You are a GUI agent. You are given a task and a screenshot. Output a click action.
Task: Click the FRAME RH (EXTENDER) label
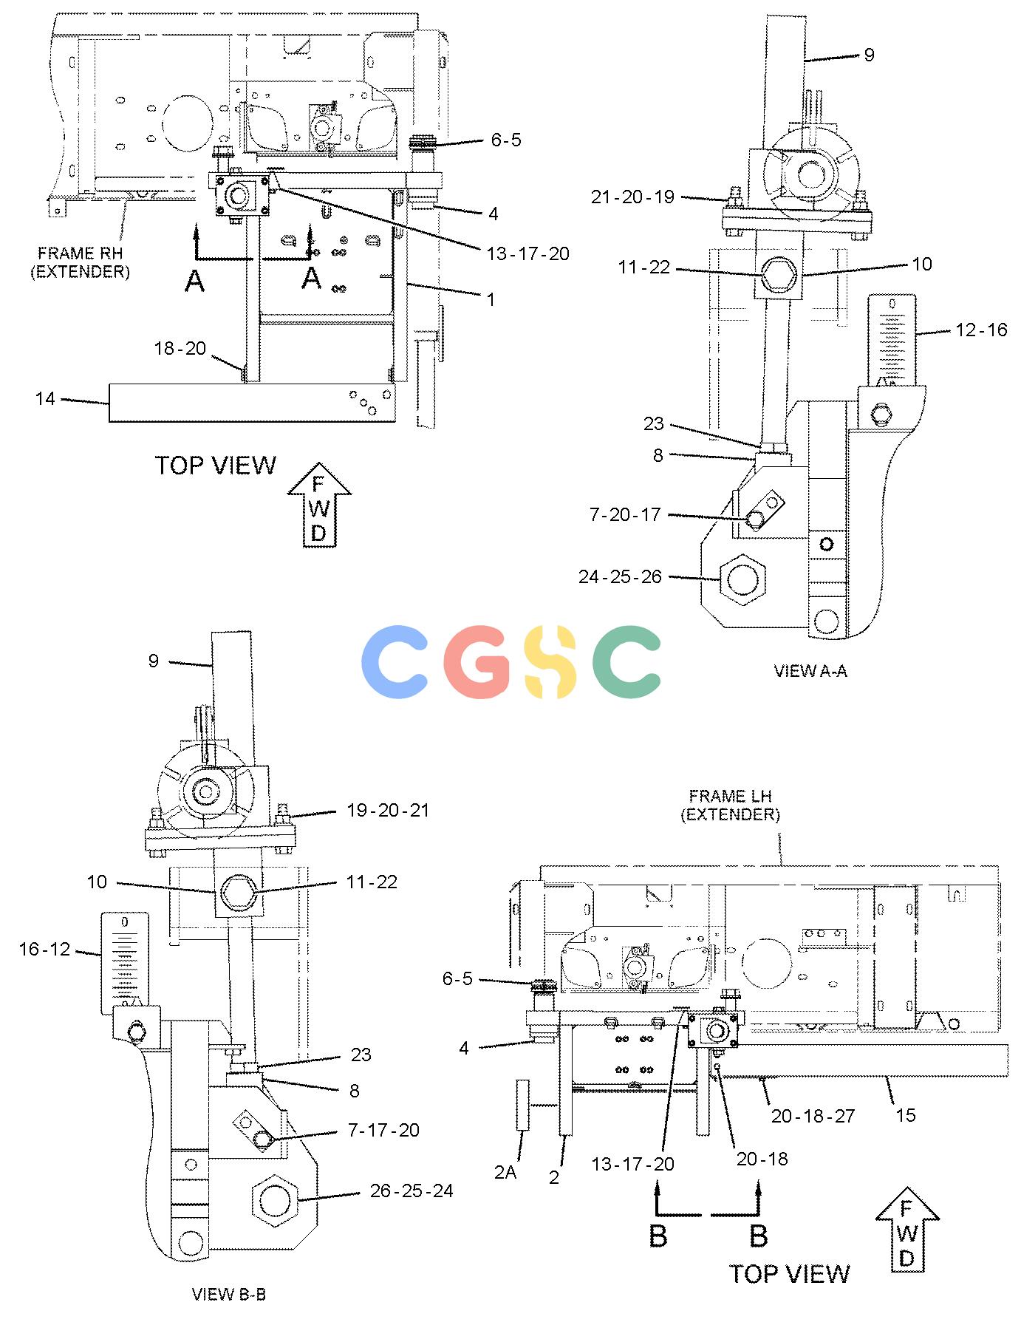coord(80,262)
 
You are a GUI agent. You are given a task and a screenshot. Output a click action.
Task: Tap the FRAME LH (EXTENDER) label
coord(730,805)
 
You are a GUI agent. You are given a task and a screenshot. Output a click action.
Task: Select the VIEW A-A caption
coord(810,670)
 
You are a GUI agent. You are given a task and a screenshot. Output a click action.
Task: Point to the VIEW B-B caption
coord(228,1294)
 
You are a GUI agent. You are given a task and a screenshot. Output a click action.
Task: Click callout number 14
coord(45,399)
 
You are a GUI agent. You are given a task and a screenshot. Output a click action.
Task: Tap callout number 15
coord(906,1114)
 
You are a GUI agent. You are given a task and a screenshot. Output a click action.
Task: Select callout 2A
coord(505,1172)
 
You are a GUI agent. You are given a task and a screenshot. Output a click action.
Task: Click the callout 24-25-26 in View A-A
coord(621,576)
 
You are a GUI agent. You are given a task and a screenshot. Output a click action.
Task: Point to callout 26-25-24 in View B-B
coord(412,1191)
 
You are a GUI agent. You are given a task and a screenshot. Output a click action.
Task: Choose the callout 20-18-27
coord(813,1116)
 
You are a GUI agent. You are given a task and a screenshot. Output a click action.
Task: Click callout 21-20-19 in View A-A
coord(632,197)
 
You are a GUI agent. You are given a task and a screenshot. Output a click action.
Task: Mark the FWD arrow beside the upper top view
coord(318,505)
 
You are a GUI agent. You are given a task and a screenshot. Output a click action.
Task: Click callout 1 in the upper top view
coord(491,300)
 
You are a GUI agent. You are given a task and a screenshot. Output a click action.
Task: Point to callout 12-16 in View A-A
coord(981,330)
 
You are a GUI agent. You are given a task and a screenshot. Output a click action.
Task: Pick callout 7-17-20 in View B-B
coord(383,1130)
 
